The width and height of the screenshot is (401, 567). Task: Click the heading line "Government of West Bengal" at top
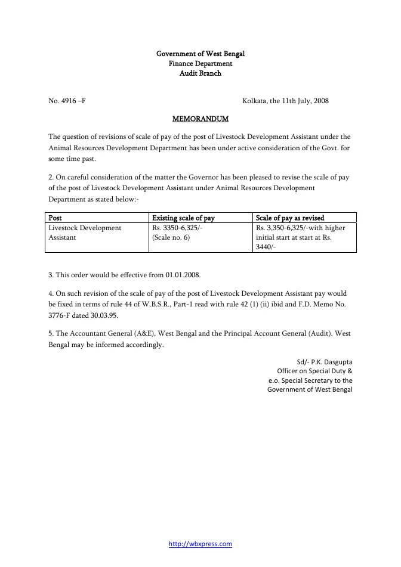(x=200, y=54)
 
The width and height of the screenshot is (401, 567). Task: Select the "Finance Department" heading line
(x=200, y=63)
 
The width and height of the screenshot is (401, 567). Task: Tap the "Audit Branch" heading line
(x=200, y=73)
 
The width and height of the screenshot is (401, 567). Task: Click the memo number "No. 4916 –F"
(x=67, y=101)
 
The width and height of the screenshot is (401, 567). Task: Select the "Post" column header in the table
(x=55, y=218)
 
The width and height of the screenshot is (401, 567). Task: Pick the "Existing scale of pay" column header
(x=183, y=218)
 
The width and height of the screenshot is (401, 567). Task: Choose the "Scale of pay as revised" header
(x=289, y=218)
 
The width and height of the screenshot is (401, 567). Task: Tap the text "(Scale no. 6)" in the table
(x=171, y=237)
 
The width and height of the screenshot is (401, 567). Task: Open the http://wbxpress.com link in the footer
(x=200, y=544)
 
